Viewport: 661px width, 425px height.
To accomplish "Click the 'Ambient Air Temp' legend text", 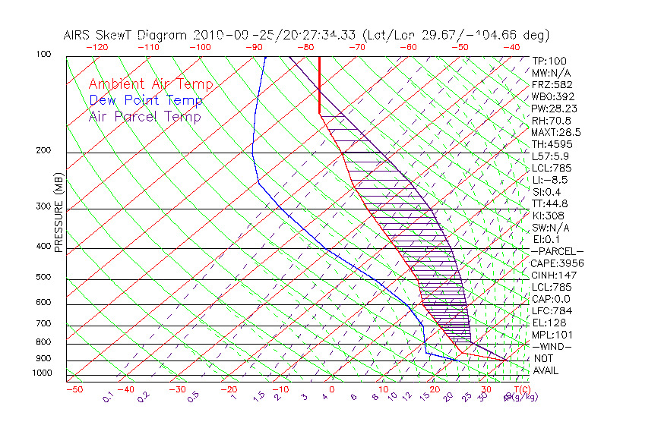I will [151, 84].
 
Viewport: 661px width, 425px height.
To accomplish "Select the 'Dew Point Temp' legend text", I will [146, 100].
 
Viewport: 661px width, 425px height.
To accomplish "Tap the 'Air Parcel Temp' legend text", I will [145, 116].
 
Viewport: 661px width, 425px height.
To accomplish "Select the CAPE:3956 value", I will [558, 263].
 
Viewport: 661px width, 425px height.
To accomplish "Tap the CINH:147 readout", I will [555, 275].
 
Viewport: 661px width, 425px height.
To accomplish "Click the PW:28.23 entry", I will [555, 109].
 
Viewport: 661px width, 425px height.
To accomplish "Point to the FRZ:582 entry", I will [552, 84].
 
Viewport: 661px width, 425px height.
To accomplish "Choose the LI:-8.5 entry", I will [549, 180].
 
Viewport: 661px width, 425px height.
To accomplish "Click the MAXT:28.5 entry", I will [558, 132].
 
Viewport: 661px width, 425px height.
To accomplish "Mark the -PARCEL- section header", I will [557, 251].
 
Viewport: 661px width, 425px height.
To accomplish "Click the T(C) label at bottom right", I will [521, 389].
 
